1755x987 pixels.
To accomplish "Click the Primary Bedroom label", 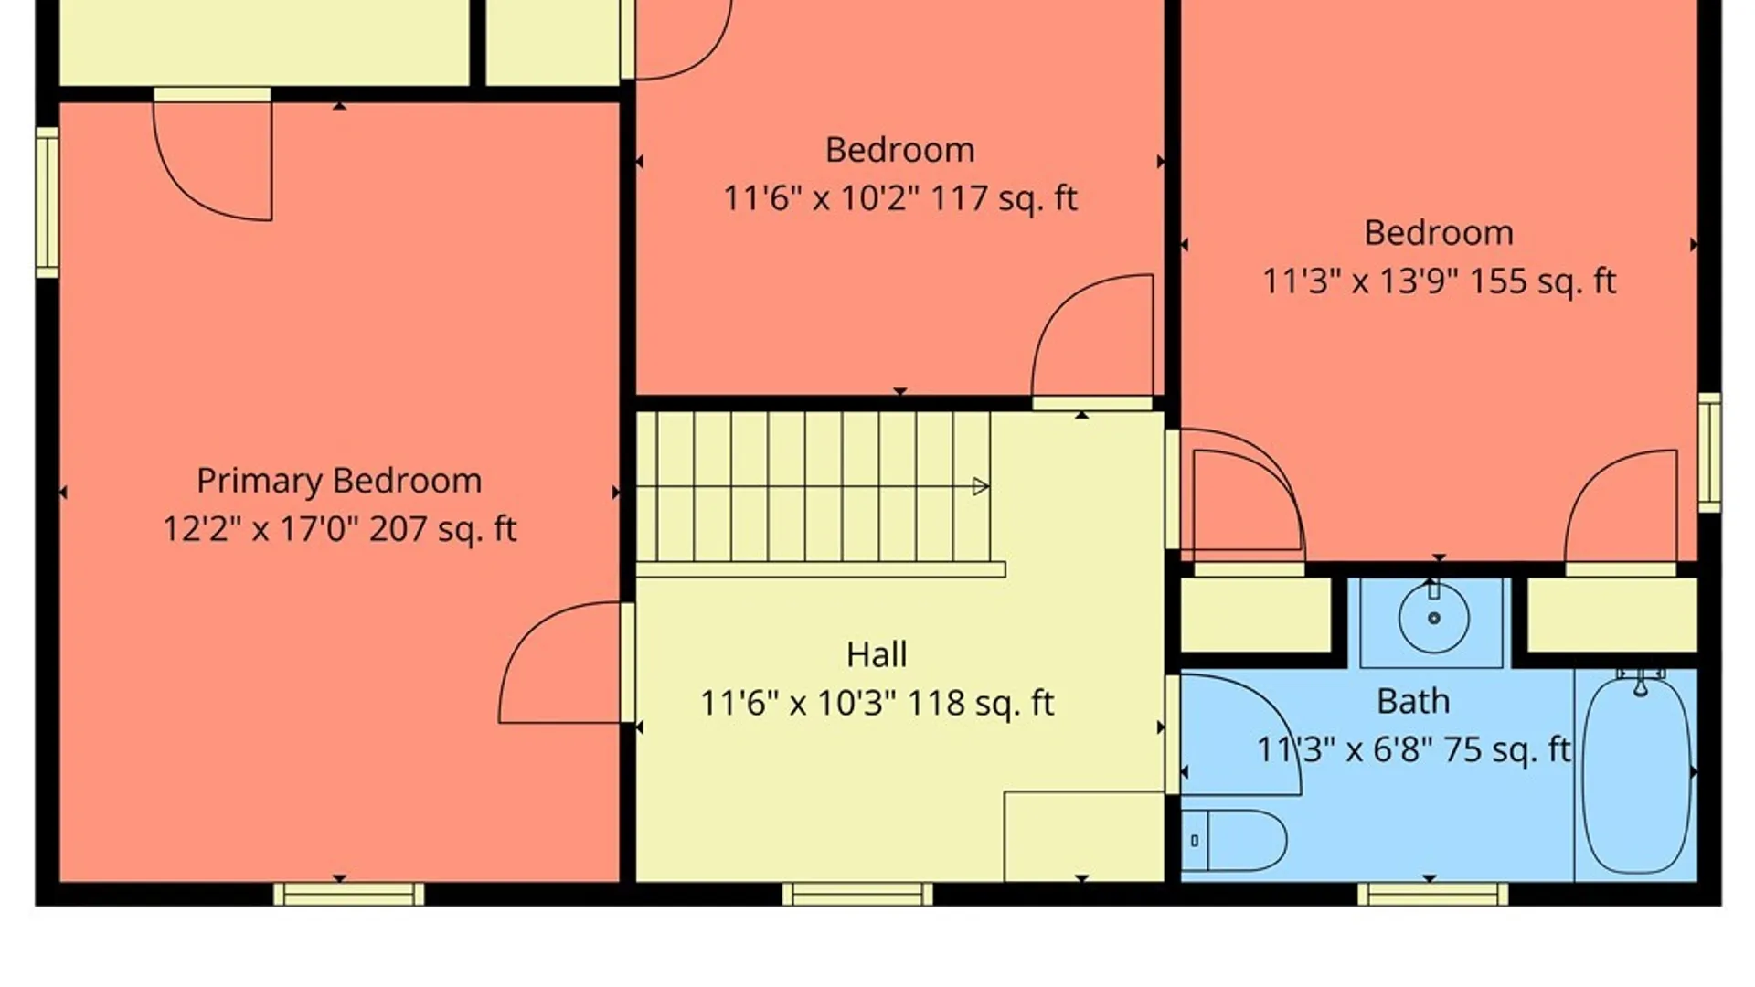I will point(339,481).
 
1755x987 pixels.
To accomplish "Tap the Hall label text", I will point(877,654).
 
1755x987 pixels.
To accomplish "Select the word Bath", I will point(1413,701).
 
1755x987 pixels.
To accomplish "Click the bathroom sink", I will point(1433,619).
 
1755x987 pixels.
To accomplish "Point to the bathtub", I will point(1636,775).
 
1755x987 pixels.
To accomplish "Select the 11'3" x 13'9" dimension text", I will point(1358,281).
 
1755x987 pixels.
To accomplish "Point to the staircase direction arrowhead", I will point(980,486).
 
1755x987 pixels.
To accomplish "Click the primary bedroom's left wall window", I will point(48,202).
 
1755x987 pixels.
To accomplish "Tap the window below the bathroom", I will point(1432,894).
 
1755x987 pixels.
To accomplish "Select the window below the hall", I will point(857,894).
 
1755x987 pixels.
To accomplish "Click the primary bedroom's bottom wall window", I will point(348,894).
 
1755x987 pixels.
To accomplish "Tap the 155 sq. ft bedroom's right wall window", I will point(1708,452).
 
